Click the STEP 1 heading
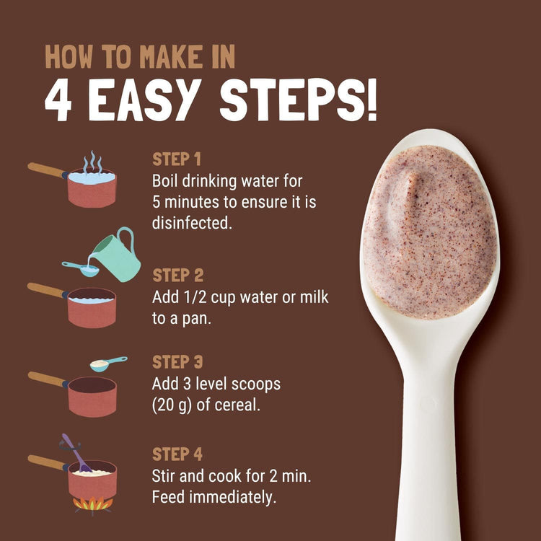(177, 159)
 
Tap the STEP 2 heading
(177, 276)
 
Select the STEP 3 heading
(177, 362)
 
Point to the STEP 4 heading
(177, 454)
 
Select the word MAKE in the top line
(172, 56)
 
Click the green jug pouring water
(118, 257)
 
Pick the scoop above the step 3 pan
(105, 364)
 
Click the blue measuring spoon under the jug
(82, 269)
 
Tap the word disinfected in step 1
(192, 223)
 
